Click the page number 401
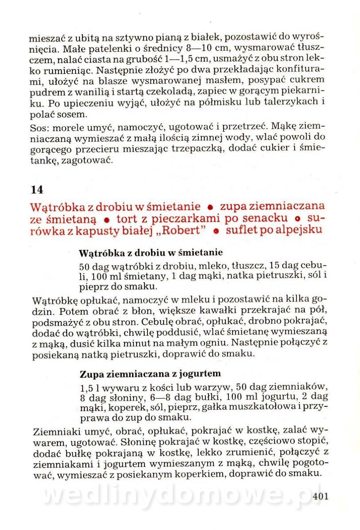pos(320,496)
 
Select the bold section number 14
pos(37,189)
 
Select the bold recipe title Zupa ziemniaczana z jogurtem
pos(150,373)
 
